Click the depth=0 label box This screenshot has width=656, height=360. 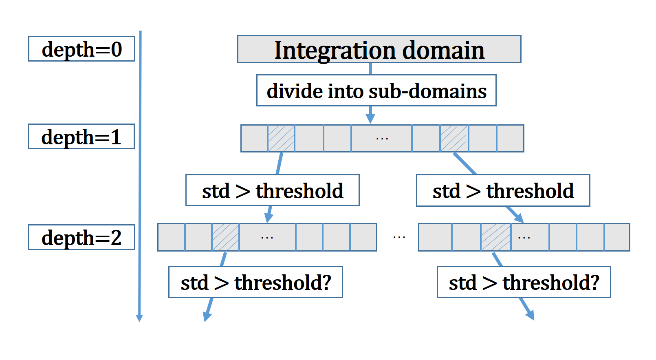click(x=82, y=49)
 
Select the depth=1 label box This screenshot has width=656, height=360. click(x=81, y=137)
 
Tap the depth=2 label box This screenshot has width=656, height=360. click(x=81, y=237)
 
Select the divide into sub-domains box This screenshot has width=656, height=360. click(x=376, y=90)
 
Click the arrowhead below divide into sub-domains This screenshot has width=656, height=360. click(x=370, y=118)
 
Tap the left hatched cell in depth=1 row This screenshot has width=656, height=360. click(x=281, y=138)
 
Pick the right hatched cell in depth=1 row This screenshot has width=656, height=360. click(x=454, y=138)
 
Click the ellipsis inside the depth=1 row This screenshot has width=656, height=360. click(x=382, y=138)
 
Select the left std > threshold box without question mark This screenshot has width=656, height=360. click(x=272, y=190)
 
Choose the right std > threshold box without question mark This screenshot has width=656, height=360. click(x=503, y=190)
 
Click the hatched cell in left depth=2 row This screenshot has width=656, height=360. click(x=225, y=237)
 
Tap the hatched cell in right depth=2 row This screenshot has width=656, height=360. click(x=496, y=237)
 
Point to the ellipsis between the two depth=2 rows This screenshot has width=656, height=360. click(x=399, y=237)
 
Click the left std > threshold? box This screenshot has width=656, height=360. click(x=255, y=282)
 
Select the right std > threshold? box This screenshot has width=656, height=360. click(x=524, y=282)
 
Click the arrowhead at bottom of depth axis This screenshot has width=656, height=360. click(x=139, y=318)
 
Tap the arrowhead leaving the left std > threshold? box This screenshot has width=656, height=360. click(x=207, y=317)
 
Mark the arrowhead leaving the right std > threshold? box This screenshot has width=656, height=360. click(x=531, y=315)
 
